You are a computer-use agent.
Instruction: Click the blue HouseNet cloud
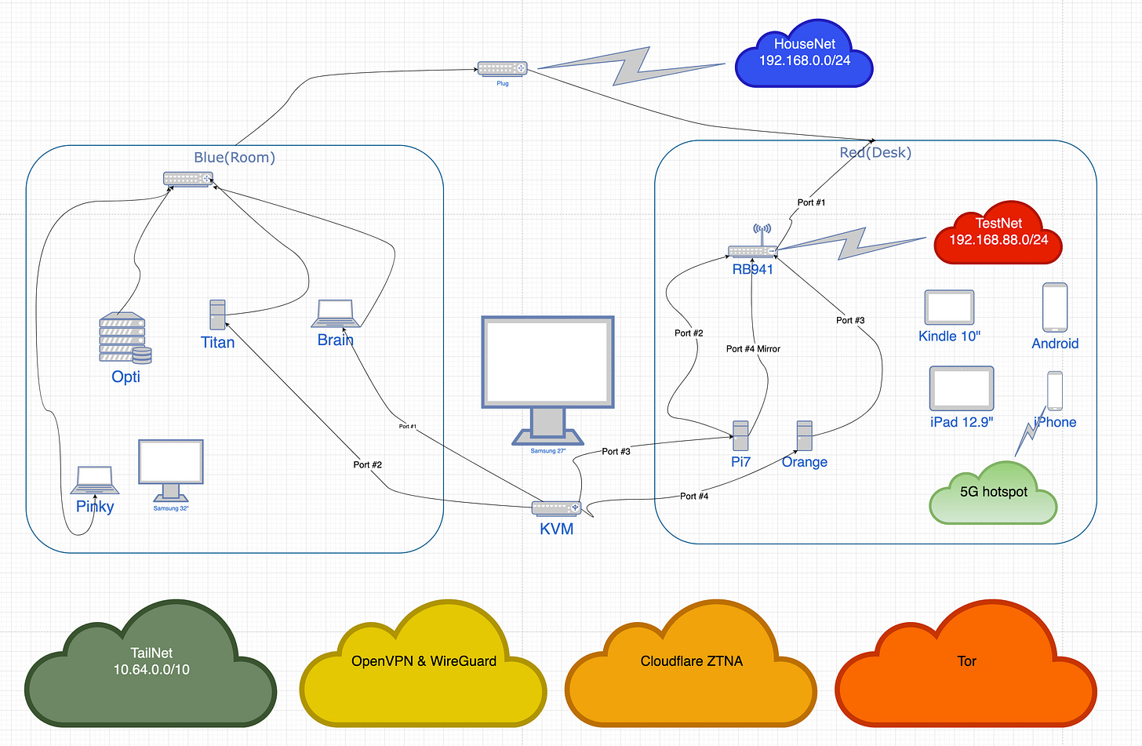[804, 53]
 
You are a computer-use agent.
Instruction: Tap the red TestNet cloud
[998, 232]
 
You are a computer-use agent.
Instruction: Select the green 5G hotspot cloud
[993, 493]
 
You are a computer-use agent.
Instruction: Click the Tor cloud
[966, 664]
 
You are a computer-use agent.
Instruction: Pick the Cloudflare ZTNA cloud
[691, 664]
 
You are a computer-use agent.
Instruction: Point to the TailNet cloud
[151, 664]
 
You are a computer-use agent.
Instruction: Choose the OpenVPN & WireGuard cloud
[424, 664]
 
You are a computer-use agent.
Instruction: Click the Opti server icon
[125, 338]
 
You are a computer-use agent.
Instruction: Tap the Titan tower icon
[218, 315]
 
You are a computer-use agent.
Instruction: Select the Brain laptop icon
[336, 313]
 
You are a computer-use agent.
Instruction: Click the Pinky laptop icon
[95, 480]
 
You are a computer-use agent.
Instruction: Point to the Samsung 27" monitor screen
[547, 362]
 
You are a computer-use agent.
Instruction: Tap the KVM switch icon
[556, 508]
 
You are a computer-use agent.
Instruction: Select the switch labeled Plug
[502, 68]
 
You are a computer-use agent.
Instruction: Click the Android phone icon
[1055, 307]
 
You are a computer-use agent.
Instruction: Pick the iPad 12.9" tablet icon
[962, 388]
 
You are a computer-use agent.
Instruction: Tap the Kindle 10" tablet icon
[949, 307]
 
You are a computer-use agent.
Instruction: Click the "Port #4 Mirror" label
[753, 349]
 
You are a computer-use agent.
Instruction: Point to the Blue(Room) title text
[235, 157]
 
